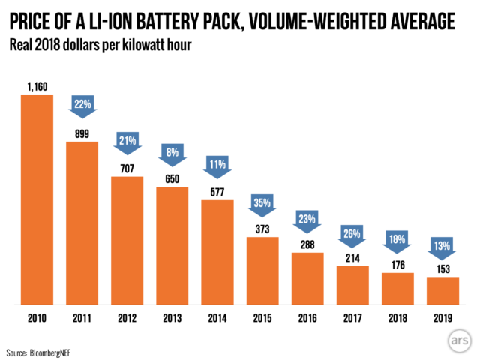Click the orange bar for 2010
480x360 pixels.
(37, 199)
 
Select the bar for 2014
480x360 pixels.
(217, 251)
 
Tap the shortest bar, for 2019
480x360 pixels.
(442, 290)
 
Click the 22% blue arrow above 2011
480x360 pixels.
(82, 106)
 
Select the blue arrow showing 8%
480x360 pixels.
(172, 152)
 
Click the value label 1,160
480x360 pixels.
(37, 88)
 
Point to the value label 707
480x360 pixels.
(127, 169)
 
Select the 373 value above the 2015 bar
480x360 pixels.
(262, 229)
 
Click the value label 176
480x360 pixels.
(397, 265)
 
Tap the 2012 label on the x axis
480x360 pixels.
(127, 318)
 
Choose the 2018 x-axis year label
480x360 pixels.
(397, 318)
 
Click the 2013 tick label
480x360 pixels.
(172, 318)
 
